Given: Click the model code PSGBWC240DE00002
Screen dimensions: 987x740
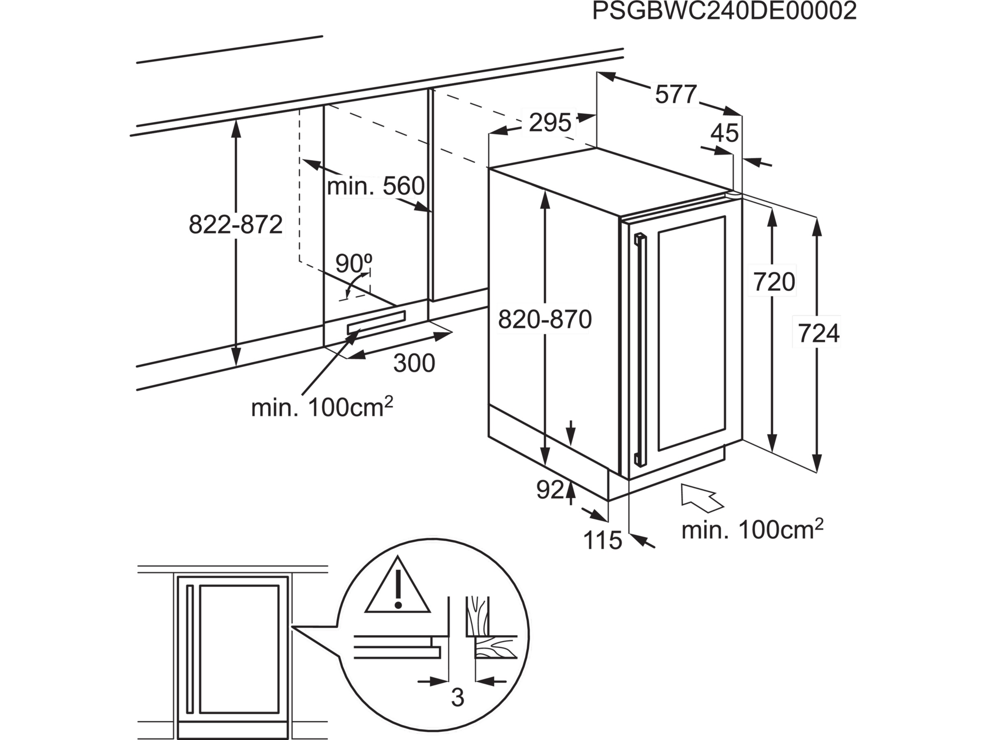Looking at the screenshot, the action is [x=724, y=12].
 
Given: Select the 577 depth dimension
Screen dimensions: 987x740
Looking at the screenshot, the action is [x=676, y=95].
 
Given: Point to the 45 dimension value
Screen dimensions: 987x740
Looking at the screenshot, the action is [x=725, y=133].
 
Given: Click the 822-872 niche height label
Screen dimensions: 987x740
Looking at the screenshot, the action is [x=236, y=224].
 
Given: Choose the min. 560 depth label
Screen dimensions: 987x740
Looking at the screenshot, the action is [x=376, y=187].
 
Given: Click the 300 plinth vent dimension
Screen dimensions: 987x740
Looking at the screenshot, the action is [x=414, y=363].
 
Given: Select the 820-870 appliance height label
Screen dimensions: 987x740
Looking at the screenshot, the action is [x=545, y=319].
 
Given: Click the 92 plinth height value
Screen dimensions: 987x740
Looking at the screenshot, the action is [x=550, y=490].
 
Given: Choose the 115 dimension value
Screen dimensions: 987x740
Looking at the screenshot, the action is [x=602, y=541].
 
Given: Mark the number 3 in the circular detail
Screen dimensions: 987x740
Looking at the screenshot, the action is [x=458, y=697].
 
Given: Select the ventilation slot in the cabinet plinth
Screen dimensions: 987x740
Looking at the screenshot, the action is [x=376, y=321].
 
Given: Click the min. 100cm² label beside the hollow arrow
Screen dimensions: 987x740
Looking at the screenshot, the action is [x=752, y=530].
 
